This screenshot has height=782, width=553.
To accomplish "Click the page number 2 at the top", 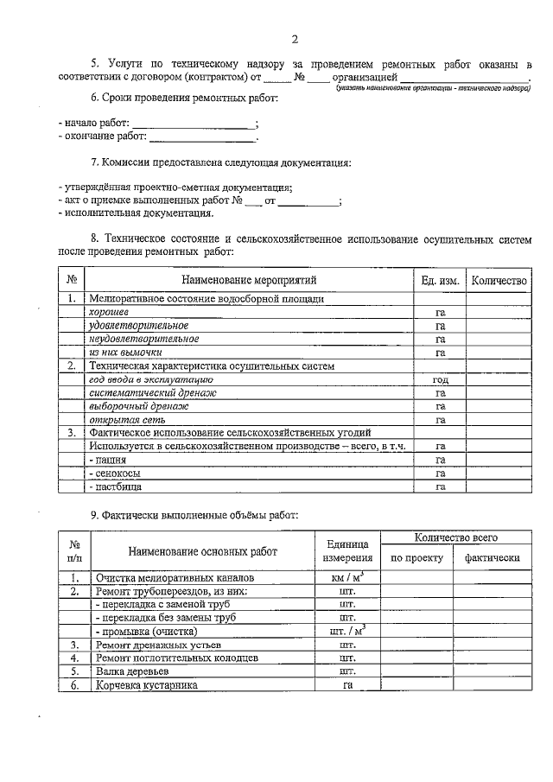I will point(295,39).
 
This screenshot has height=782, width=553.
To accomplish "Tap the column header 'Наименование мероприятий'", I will point(249,280).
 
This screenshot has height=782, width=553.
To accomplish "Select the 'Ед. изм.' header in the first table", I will point(440,280).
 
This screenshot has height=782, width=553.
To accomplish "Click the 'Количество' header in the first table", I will point(497,280).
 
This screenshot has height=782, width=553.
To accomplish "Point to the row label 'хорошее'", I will point(110,312).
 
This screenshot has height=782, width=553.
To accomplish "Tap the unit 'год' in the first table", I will point(440,379).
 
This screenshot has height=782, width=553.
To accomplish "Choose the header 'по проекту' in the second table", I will point(417,557).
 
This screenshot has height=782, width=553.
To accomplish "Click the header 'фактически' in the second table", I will point(492,557).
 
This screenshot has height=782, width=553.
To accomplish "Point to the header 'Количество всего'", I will point(454,537).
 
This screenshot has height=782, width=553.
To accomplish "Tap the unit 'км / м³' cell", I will point(348,577).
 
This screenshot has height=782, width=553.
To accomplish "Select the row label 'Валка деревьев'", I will point(132,671).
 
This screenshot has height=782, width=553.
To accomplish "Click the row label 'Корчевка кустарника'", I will point(147,684).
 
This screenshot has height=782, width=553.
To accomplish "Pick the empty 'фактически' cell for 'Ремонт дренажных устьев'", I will point(492,645).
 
